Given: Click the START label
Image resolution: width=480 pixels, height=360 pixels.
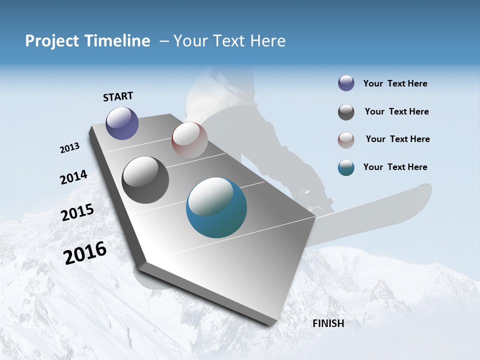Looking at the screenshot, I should pyautogui.click(x=118, y=96).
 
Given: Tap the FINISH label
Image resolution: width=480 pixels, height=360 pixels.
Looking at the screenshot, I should pyautogui.click(x=328, y=323).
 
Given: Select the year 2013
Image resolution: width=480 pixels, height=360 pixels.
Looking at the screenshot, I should pyautogui.click(x=69, y=148).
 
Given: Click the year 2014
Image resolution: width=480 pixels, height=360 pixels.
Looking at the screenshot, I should pyautogui.click(x=73, y=177).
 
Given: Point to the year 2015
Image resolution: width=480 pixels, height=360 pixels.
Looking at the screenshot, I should pyautogui.click(x=77, y=212).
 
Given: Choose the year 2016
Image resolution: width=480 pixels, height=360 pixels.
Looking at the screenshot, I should pyautogui.click(x=85, y=253).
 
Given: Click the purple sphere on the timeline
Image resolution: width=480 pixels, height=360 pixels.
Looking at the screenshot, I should pyautogui.click(x=122, y=123).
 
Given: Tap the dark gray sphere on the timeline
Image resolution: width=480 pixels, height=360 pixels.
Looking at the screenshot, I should pyautogui.click(x=145, y=180).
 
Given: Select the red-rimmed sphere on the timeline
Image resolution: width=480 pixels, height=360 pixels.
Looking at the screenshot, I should pyautogui.click(x=189, y=139).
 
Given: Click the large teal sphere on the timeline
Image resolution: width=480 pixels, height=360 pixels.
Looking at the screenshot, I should pyautogui.click(x=216, y=207).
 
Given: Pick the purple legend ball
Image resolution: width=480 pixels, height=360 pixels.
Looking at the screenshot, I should pyautogui.click(x=346, y=83).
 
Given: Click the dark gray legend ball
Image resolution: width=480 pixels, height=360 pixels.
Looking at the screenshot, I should pyautogui.click(x=346, y=112).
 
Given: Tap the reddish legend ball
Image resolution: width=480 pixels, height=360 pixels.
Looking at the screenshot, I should pyautogui.click(x=346, y=139).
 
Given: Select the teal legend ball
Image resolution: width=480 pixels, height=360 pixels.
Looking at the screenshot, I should pyautogui.click(x=346, y=167).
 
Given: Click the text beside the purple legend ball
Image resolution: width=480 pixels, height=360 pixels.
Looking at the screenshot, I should pyautogui.click(x=395, y=84).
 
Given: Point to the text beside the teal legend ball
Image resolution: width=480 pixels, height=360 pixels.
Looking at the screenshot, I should pyautogui.click(x=395, y=167).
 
